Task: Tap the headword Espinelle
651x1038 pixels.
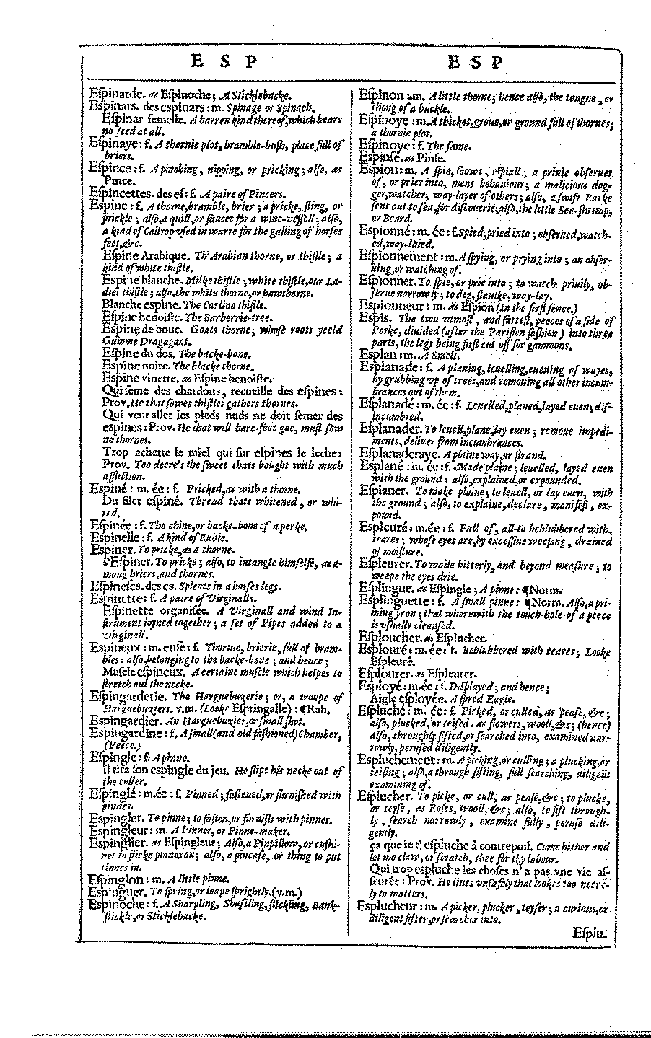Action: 115,537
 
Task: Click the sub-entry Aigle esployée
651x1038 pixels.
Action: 403,699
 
